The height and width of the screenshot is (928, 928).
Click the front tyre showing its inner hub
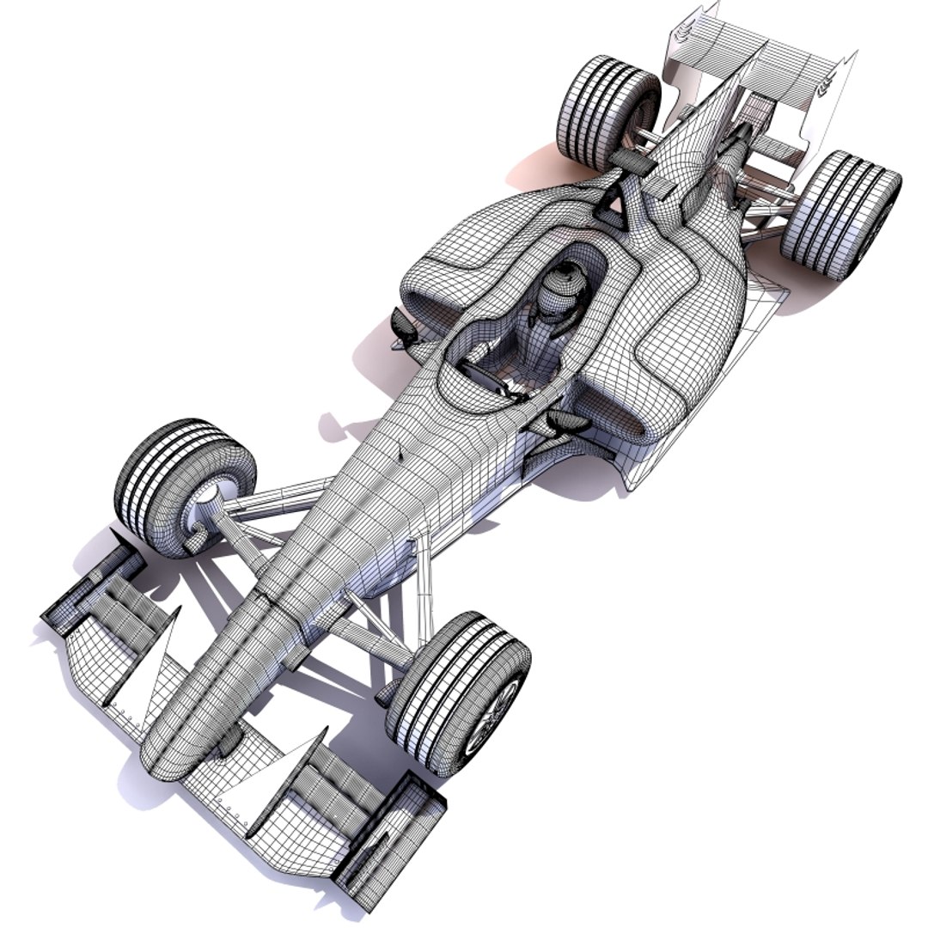point(185,485)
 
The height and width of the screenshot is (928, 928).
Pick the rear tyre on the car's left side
point(839,214)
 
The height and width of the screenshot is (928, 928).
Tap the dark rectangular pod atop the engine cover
point(630,160)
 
